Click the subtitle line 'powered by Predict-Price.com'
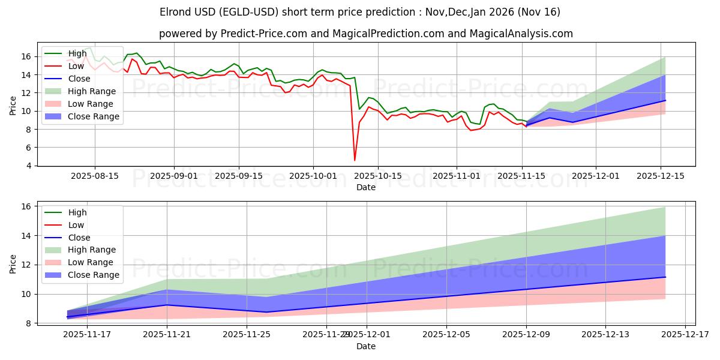tap(366, 34)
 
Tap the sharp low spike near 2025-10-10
tap(355, 160)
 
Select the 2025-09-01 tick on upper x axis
tap(174, 176)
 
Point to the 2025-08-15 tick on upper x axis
tap(94, 176)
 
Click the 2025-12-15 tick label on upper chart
tap(661, 176)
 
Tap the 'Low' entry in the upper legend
tap(76, 66)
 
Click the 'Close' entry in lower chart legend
tap(78, 237)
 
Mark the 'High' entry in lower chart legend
tap(77, 212)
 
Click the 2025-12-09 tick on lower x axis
tap(526, 335)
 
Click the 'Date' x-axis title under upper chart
tap(366, 187)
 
